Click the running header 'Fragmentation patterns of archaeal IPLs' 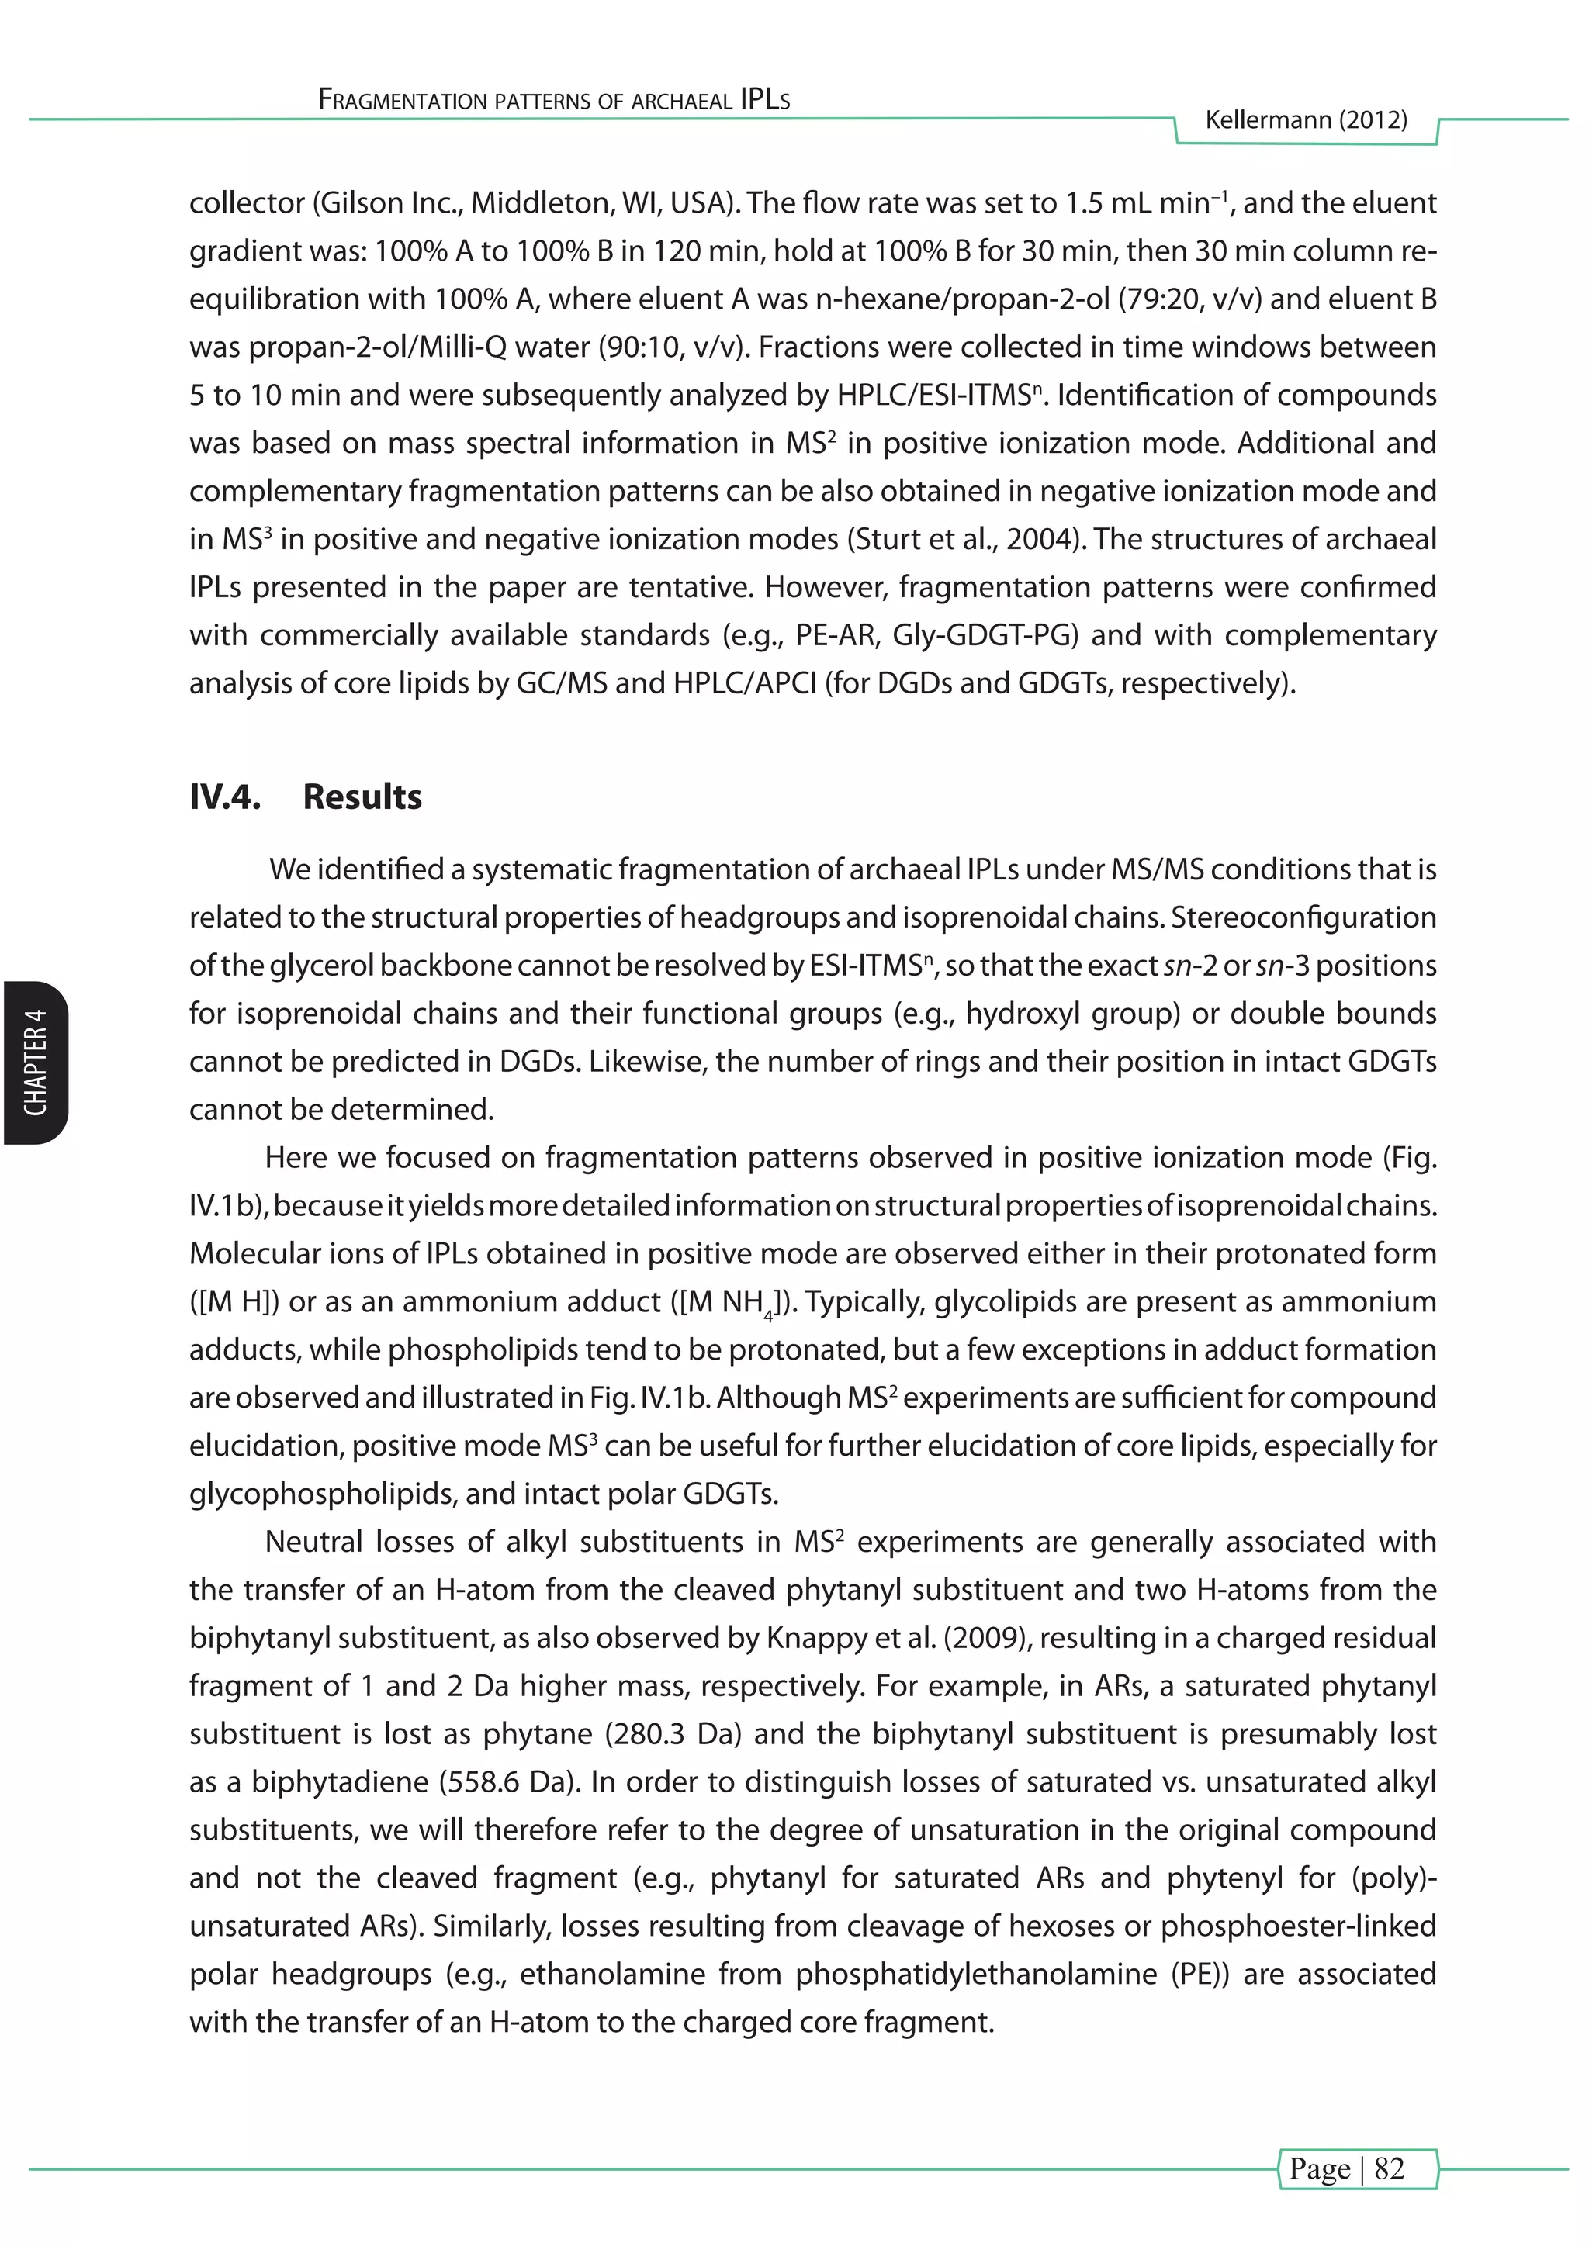click(554, 100)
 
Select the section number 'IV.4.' click(225, 796)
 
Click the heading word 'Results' click(362, 796)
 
